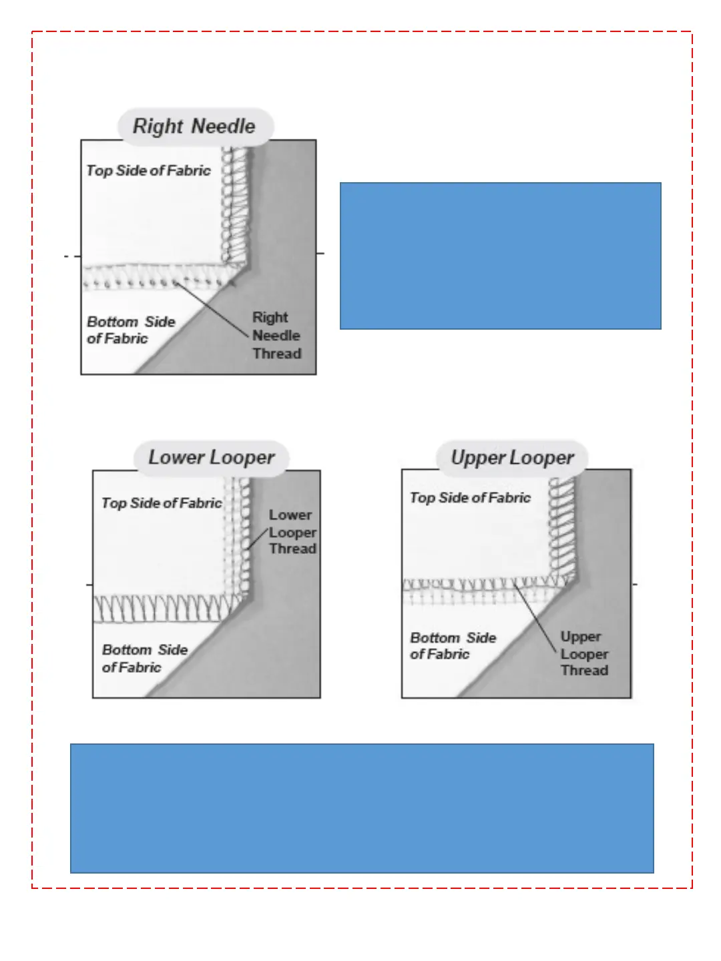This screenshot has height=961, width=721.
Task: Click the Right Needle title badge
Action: (x=194, y=126)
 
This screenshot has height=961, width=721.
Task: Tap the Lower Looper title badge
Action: (x=211, y=458)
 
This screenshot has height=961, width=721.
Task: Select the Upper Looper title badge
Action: (x=512, y=458)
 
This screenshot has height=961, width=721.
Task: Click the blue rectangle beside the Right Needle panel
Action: (x=500, y=256)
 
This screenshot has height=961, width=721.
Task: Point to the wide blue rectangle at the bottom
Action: (x=362, y=808)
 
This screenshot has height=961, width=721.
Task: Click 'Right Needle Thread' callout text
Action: (x=276, y=336)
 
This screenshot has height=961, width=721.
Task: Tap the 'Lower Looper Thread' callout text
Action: (x=292, y=532)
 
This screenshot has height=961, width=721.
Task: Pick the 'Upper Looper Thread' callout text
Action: (x=584, y=653)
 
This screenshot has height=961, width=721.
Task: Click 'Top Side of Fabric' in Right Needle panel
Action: (x=148, y=171)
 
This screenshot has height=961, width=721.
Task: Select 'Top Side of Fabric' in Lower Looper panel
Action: (x=161, y=503)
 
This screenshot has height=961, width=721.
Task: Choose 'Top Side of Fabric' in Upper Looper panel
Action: (x=470, y=498)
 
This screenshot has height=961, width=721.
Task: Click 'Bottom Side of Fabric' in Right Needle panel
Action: (x=130, y=330)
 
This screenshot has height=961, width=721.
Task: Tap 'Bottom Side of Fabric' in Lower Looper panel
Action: (x=144, y=658)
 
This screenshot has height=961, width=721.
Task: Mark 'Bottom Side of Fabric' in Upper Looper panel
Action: (x=453, y=646)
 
